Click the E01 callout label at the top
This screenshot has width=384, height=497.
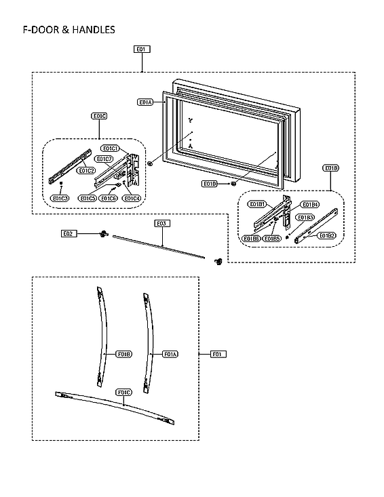pyautogui.click(x=141, y=49)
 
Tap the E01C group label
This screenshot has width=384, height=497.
pyautogui.click(x=99, y=117)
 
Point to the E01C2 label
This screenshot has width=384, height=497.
pyautogui.click(x=86, y=171)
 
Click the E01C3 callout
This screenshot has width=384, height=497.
pyautogui.click(x=61, y=198)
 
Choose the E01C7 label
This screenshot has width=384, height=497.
pyautogui.click(x=104, y=159)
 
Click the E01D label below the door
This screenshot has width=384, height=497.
pyautogui.click(x=210, y=184)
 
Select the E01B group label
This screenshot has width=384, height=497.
pyautogui.click(x=331, y=167)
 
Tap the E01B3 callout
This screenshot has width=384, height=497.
pyautogui.click(x=307, y=217)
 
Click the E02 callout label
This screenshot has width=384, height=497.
pyautogui.click(x=68, y=233)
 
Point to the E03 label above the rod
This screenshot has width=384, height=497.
pyautogui.click(x=161, y=223)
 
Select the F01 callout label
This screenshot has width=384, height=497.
pyautogui.click(x=218, y=354)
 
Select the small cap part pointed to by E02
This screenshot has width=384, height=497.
pyautogui.click(x=102, y=233)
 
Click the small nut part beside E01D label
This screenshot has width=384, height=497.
pyautogui.click(x=233, y=182)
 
